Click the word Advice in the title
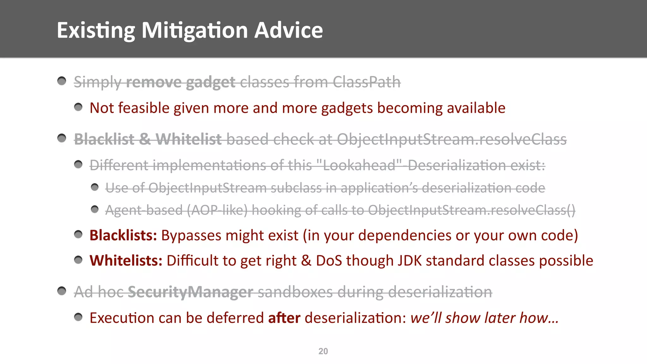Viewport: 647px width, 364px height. [x=288, y=30]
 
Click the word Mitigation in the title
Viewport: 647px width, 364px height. [x=195, y=30]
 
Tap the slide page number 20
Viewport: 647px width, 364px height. [x=323, y=351]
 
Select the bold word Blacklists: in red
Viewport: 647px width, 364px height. [x=123, y=235]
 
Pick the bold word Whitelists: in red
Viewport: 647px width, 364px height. [x=126, y=261]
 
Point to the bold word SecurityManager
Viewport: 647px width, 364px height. [x=190, y=292]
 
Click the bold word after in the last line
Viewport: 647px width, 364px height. [x=284, y=318]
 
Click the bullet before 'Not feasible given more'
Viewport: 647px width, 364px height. [x=78, y=107]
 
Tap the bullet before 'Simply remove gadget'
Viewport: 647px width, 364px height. [x=62, y=81]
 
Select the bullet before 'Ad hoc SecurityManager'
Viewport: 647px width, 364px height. [x=62, y=290]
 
